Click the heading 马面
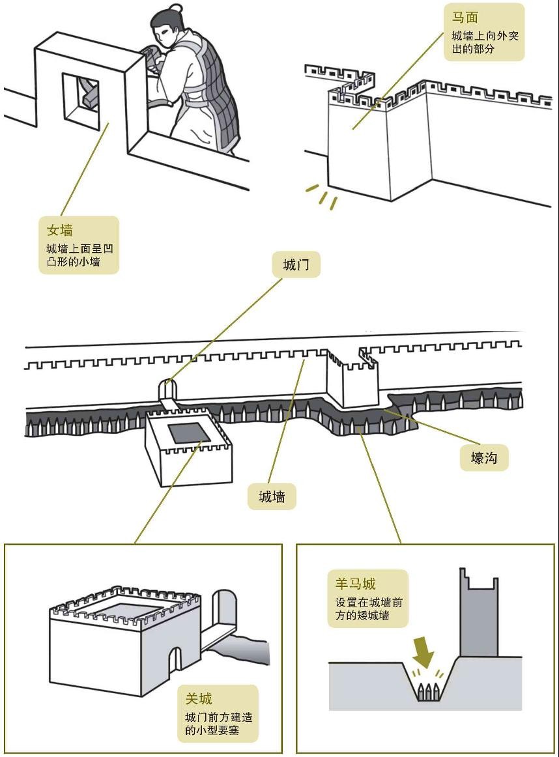[x=465, y=18]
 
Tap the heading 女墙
[x=59, y=230]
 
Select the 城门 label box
[x=296, y=265]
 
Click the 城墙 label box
[x=272, y=496]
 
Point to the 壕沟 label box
[x=483, y=457]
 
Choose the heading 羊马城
[x=356, y=584]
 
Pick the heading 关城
[x=199, y=699]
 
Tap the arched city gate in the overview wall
[x=167, y=389]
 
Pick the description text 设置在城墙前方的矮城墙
[x=368, y=608]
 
